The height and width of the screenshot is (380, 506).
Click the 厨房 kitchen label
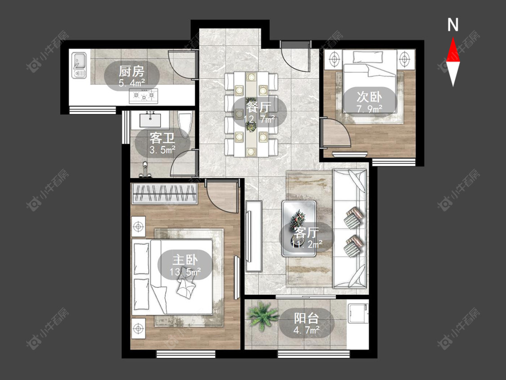(x=131, y=71)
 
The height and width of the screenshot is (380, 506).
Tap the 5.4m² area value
(x=131, y=83)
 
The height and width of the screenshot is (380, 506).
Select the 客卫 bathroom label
(x=162, y=138)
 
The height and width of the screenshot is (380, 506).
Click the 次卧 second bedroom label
(x=369, y=97)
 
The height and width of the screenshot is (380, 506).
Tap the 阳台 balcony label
(x=306, y=318)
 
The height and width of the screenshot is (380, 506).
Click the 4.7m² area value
(x=307, y=330)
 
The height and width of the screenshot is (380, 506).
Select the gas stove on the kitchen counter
(x=143, y=96)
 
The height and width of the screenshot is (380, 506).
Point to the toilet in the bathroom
(x=184, y=124)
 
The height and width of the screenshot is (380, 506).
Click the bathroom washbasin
(x=150, y=119)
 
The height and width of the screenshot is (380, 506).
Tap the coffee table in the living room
(x=299, y=228)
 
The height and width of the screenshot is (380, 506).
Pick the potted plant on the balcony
(x=262, y=315)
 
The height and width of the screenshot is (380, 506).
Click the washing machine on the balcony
(x=358, y=312)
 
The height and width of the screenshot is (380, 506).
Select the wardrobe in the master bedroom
(x=164, y=194)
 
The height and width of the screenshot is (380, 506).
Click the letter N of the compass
(x=453, y=25)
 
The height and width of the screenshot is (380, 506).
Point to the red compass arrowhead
(x=453, y=50)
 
